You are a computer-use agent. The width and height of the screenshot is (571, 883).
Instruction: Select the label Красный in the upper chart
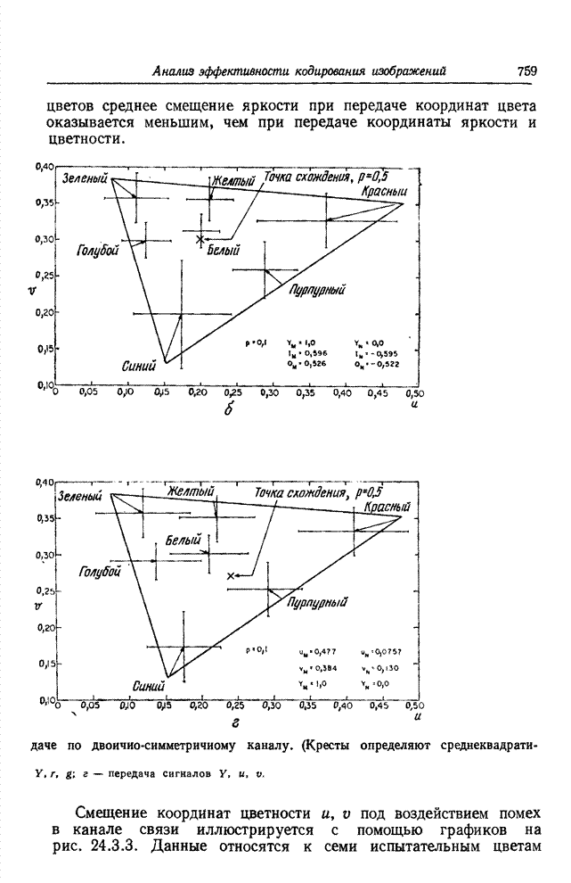tap(384, 192)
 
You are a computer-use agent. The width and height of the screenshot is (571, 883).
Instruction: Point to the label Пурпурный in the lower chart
tap(316, 604)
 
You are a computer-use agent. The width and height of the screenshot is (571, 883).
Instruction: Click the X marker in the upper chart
tap(200, 239)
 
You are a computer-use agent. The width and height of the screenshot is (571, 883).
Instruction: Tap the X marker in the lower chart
tap(232, 577)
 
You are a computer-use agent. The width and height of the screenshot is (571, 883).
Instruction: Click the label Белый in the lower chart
tap(183, 541)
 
